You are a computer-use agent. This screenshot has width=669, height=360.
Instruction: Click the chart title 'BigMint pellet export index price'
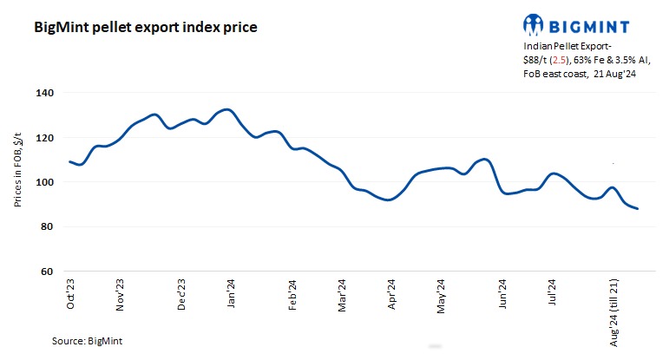(x=145, y=27)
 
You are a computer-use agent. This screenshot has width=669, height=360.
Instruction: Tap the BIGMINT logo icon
(x=536, y=24)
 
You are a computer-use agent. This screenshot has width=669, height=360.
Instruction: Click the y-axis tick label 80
(x=47, y=227)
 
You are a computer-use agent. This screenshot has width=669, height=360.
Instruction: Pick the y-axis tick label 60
(x=47, y=272)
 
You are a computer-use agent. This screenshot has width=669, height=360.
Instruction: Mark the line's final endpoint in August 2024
(x=638, y=208)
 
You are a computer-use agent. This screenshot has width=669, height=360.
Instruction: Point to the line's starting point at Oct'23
(x=69, y=162)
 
